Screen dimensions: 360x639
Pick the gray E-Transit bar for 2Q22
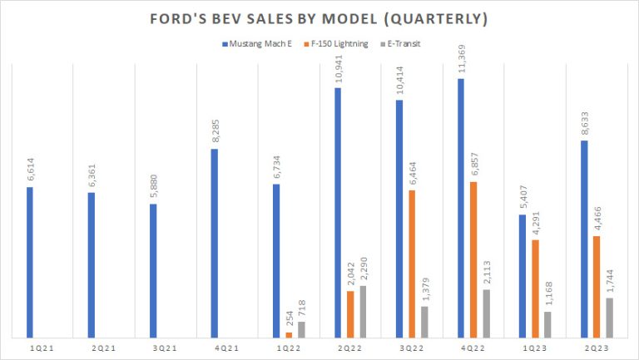363,312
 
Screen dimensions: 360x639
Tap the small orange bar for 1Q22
289,335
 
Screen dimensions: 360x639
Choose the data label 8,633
584,121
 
